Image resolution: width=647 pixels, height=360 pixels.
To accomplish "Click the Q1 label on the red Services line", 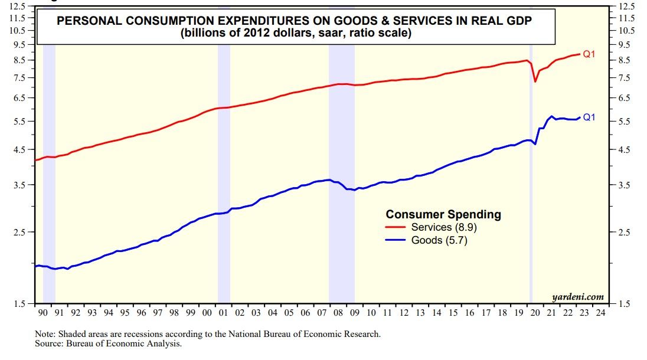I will pos(589,54).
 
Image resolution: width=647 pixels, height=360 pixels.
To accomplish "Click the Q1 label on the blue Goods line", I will pos(589,117).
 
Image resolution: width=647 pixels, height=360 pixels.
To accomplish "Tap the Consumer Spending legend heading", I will pos(443,214).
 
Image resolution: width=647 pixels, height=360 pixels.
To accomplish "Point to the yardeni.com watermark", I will pos(578,296).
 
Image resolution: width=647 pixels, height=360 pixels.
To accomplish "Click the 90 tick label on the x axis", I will pos(43,312).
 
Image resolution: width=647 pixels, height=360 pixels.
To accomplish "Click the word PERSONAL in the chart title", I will pos(89,21).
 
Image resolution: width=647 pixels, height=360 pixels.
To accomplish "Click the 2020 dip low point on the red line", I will pos(535,81).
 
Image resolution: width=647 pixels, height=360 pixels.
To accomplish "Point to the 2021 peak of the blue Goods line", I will pos(551,116).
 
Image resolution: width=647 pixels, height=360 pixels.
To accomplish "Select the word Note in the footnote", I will pos(45,334).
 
